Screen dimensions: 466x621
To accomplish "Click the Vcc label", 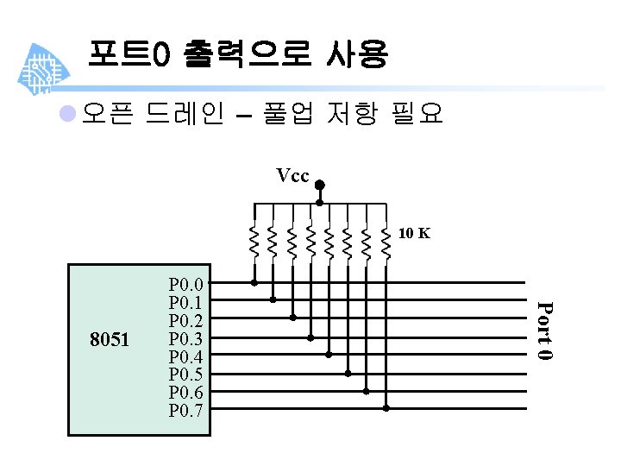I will (x=292, y=176).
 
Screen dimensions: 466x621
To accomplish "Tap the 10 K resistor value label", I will (x=415, y=233).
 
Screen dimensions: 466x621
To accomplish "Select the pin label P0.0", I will (x=186, y=284).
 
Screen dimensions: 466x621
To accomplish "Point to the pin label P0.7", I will (x=186, y=410).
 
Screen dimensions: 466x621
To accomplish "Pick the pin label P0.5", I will (x=186, y=375).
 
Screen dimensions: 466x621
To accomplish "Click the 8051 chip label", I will (x=110, y=340).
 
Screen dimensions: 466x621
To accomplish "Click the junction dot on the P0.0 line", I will (x=254, y=282).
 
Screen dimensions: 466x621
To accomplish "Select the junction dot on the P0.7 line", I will (x=386, y=408).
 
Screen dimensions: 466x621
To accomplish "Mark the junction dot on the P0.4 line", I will (x=329, y=354).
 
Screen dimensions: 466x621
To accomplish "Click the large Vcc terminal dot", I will (x=319, y=185).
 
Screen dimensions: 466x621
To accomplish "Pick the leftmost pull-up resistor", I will (x=254, y=241).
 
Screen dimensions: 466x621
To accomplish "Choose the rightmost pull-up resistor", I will (x=386, y=241).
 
